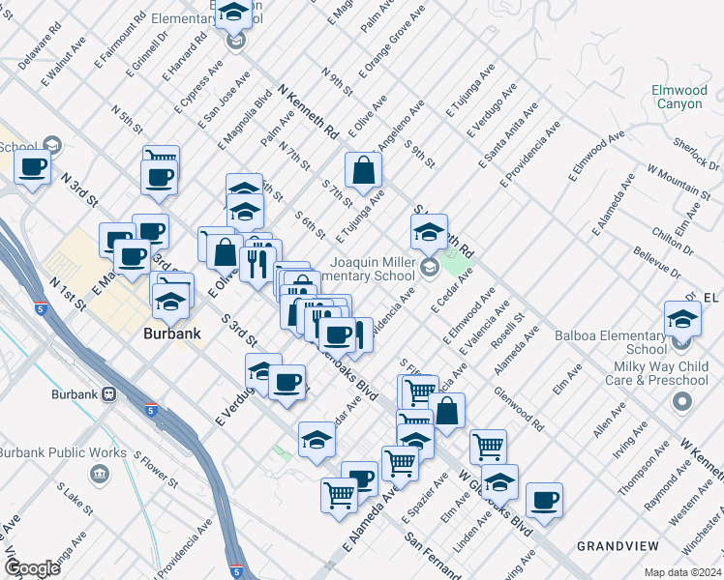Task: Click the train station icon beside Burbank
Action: pyautogui.click(x=108, y=394)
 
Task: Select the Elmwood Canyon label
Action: pyautogui.click(x=681, y=97)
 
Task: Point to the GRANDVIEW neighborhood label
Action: pyautogui.click(x=618, y=545)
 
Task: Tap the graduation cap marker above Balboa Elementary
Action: pyautogui.click(x=682, y=318)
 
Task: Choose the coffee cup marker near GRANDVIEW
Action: pyautogui.click(x=544, y=500)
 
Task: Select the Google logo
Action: pyautogui.click(x=32, y=568)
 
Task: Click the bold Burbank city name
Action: pyautogui.click(x=171, y=333)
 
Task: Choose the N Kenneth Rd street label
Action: pyautogui.click(x=307, y=108)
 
